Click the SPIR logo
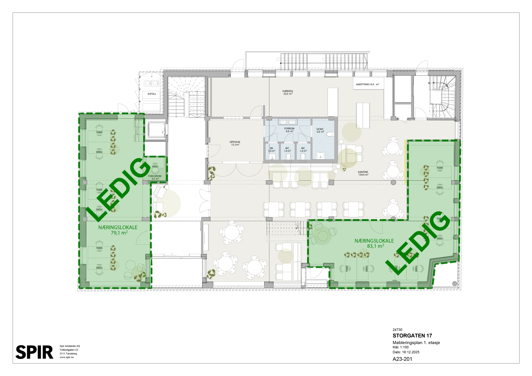tap(34, 352)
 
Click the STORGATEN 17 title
tap(412, 336)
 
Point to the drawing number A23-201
tap(402, 359)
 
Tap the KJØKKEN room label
tap(288, 91)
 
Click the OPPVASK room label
tap(235, 142)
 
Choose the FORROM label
tap(289, 129)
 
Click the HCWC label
tap(320, 129)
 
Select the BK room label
tap(271, 148)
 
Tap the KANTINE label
tap(363, 172)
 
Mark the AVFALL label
tap(152, 94)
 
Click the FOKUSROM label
tap(155, 176)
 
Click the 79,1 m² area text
tap(119, 233)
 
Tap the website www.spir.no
tap(67, 357)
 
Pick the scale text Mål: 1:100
tap(401, 347)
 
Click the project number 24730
tap(397, 330)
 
